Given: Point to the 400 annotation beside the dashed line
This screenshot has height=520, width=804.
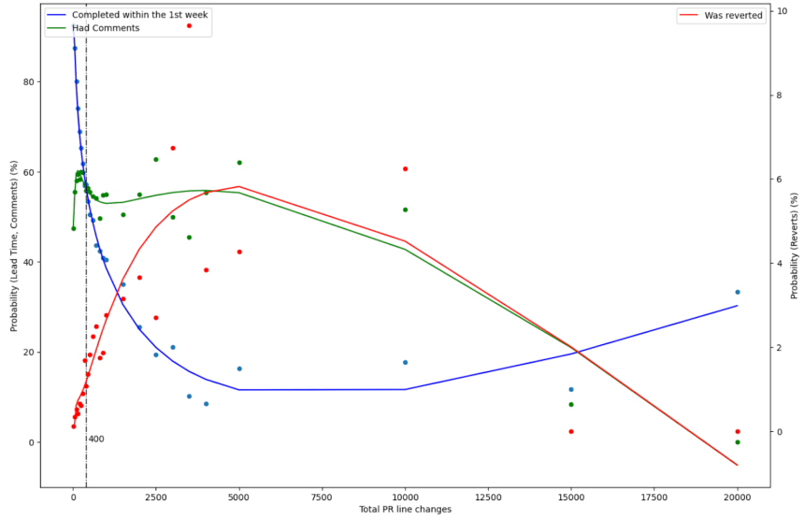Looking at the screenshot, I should (x=96, y=439).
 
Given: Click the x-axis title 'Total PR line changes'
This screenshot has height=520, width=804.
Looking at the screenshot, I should (x=405, y=510).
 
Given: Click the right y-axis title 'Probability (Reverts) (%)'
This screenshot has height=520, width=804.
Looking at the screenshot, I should (x=794, y=244).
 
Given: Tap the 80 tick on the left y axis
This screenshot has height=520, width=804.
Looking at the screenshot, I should (x=29, y=82).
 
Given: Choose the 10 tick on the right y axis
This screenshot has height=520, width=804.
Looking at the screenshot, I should (x=781, y=11).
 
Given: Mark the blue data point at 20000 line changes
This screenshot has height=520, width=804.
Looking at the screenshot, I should (x=738, y=292).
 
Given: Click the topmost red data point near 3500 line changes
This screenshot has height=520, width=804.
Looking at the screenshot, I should (x=189, y=25).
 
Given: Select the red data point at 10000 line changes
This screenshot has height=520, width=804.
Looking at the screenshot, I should (x=405, y=168).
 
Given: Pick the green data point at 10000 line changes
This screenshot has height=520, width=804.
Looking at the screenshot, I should (x=405, y=209).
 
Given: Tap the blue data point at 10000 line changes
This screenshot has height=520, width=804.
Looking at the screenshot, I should (x=405, y=362).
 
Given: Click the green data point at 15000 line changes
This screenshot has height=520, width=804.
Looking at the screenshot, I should (x=571, y=404).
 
